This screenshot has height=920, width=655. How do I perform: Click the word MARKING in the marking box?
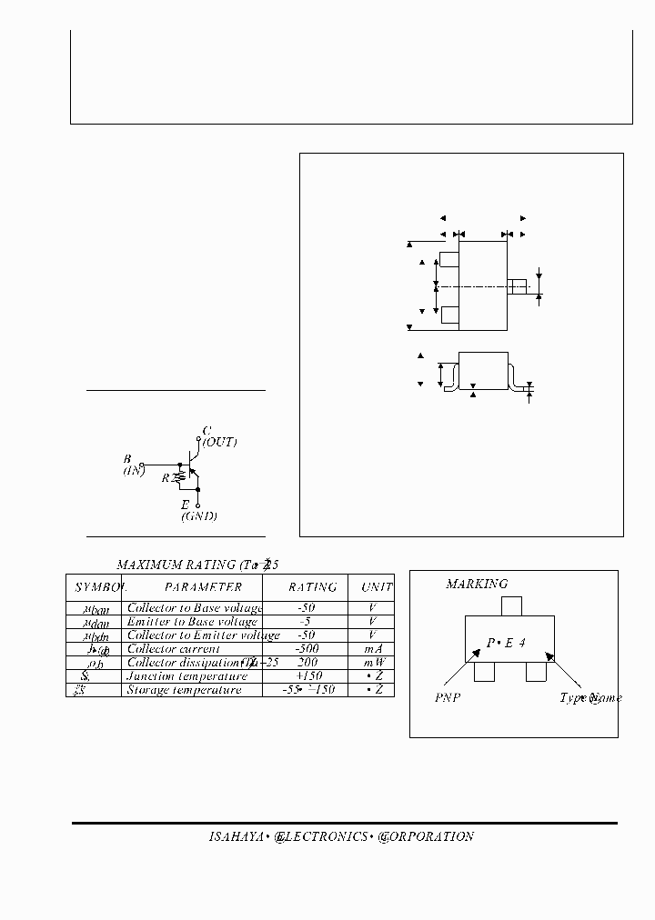click(477, 584)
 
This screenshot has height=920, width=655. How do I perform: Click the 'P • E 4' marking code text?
click(506, 643)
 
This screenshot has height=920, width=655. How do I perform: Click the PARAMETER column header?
click(204, 587)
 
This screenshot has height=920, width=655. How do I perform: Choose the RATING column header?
click(312, 587)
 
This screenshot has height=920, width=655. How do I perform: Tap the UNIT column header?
click(377, 587)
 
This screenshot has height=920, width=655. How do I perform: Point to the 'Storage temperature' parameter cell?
click(185, 690)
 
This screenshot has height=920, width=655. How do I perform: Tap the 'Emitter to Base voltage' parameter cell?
click(192, 622)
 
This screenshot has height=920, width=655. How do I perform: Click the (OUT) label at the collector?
click(219, 442)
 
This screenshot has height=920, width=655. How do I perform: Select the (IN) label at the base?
click(136, 471)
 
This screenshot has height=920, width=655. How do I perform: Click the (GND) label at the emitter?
click(199, 516)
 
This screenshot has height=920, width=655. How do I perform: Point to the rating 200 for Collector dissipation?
click(307, 663)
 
